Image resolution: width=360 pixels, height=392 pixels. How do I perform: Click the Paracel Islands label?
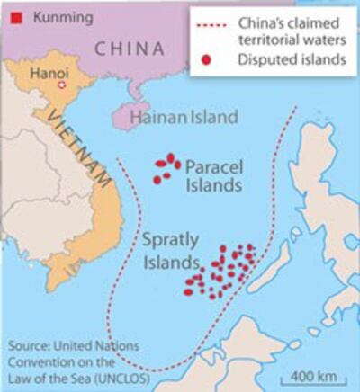(213, 175)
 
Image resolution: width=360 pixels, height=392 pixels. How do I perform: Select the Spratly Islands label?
(169, 252)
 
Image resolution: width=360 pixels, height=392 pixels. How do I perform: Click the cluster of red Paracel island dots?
(165, 168)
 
